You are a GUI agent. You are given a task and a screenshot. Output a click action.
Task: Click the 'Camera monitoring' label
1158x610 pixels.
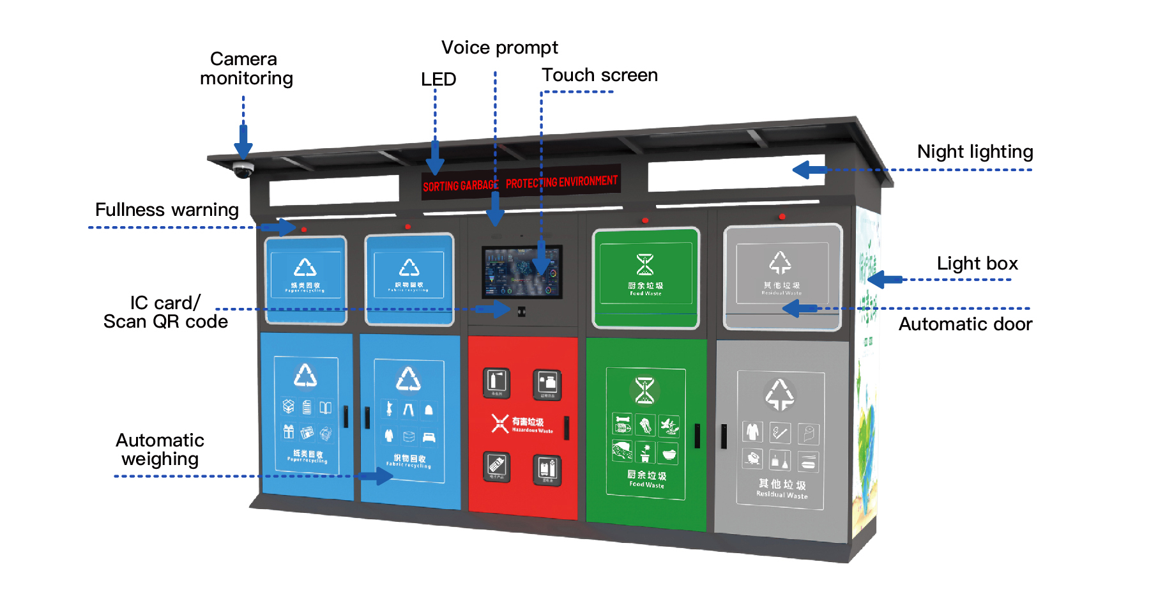[245, 68]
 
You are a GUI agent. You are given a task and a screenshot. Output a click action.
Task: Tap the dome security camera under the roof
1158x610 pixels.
[243, 170]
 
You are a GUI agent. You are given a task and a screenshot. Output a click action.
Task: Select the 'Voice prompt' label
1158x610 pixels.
[499, 48]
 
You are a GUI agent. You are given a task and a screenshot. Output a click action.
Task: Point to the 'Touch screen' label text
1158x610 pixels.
[600, 75]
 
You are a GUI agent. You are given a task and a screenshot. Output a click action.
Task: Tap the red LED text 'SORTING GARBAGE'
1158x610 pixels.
[461, 186]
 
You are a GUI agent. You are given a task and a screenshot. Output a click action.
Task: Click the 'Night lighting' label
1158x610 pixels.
[975, 152]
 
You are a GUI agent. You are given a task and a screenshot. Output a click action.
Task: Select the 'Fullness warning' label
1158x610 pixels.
[167, 210]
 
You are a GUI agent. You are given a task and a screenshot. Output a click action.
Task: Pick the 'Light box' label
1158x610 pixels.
[977, 264]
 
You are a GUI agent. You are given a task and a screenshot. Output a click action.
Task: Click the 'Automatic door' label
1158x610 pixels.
[965, 324]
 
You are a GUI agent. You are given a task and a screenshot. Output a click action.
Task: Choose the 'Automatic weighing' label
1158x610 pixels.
[160, 450]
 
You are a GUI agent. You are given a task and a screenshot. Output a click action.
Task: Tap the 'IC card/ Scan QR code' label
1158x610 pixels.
[165, 312]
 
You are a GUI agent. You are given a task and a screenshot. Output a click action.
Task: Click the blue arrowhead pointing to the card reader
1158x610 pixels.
[501, 310]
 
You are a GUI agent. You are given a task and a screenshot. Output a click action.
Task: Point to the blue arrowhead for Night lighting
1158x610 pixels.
[801, 170]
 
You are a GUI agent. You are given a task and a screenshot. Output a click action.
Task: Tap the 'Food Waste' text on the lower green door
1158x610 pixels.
[646, 484]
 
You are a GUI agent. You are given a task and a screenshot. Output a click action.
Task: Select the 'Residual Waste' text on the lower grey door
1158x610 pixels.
[782, 494]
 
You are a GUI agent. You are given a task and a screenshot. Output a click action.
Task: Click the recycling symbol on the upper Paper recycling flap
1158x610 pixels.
[305, 267]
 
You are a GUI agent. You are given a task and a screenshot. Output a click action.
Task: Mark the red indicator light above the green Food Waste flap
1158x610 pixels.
[645, 220]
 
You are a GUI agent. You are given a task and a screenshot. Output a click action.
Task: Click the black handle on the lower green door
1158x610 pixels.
[697, 436]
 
